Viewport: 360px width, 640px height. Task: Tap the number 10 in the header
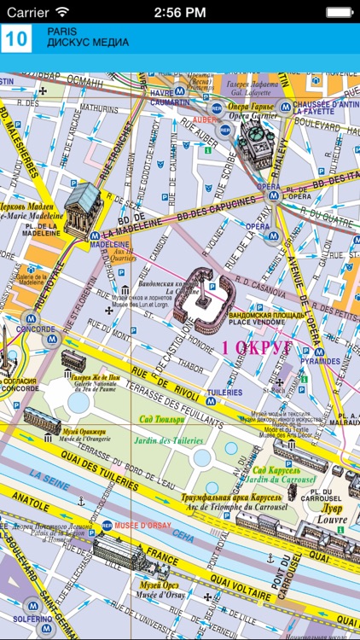pos(16,39)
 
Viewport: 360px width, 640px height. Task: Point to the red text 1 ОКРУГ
pos(257,347)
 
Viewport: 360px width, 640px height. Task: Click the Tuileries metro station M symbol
pos(211,399)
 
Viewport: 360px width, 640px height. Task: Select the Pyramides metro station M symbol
pos(319,351)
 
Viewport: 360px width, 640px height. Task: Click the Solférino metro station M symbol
pos(33,603)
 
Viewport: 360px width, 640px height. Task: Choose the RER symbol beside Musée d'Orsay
pos(107,526)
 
